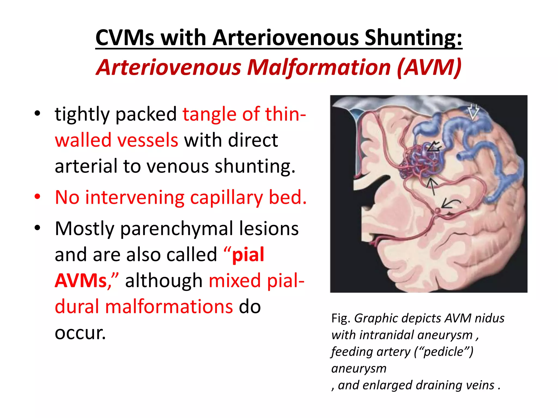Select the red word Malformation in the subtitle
click(x=319, y=67)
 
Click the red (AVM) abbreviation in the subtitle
click(x=429, y=67)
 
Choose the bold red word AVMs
click(x=81, y=281)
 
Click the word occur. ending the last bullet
click(x=80, y=333)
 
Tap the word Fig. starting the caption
click(x=341, y=318)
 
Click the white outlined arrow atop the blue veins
click(x=474, y=111)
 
